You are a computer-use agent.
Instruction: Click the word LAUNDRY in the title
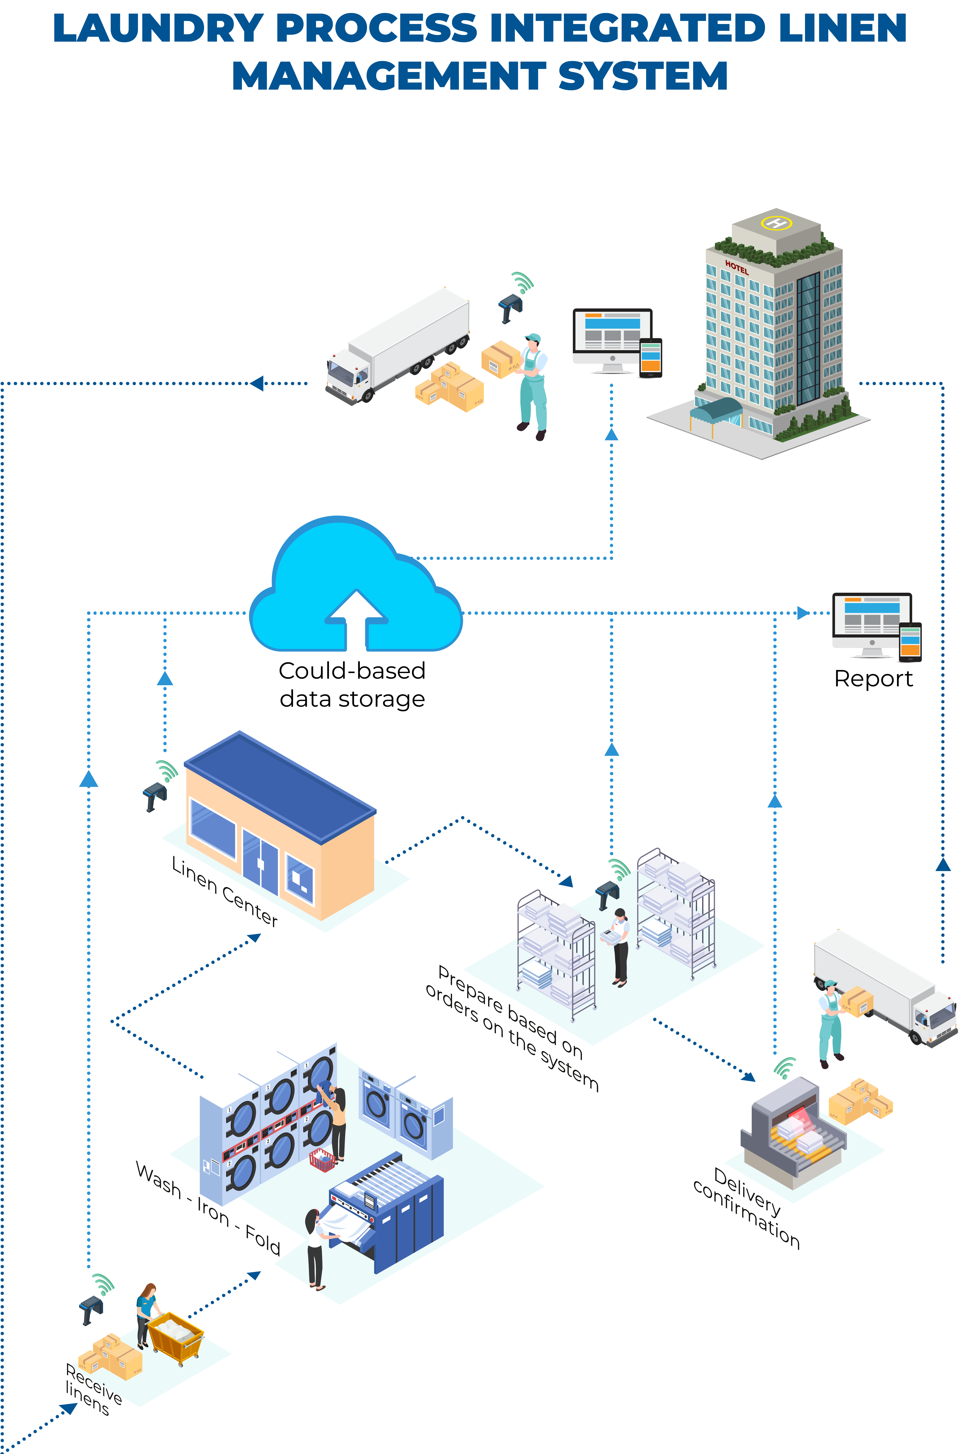click(x=158, y=29)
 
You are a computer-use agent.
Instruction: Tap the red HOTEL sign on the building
click(x=736, y=268)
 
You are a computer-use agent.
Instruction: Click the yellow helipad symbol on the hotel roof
click(x=776, y=222)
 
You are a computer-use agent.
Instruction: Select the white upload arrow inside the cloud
click(x=356, y=619)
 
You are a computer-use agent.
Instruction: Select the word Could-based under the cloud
click(x=352, y=671)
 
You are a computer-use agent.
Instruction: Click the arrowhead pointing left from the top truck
click(x=256, y=383)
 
